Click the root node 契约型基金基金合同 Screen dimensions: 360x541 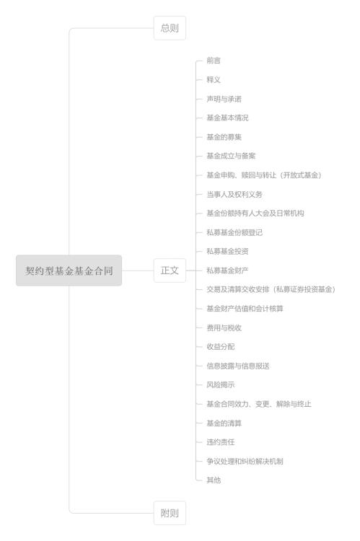(x=69, y=270)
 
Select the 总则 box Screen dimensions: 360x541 (x=170, y=28)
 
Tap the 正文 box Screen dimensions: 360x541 (x=170, y=270)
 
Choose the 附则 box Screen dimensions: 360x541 (x=170, y=513)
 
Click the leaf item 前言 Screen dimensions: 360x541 (x=214, y=61)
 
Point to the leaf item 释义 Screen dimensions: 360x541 (x=214, y=79)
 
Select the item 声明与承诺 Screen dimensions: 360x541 (x=224, y=99)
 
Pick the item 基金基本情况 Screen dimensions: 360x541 (x=227, y=118)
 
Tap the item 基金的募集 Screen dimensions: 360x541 (x=224, y=137)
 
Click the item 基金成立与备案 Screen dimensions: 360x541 (x=231, y=156)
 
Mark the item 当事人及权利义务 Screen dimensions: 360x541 (x=234, y=194)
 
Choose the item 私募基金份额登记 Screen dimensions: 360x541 (x=234, y=232)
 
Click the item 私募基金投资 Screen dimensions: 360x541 (x=227, y=252)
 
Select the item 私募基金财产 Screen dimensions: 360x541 (x=227, y=270)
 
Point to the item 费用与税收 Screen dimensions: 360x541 (x=224, y=327)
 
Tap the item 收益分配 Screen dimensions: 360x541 (x=221, y=347)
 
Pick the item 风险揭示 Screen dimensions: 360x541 (x=221, y=384)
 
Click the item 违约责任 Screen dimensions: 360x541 (x=221, y=442)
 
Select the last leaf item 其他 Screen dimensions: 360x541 (x=214, y=480)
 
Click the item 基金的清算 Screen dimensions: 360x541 (x=224, y=423)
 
